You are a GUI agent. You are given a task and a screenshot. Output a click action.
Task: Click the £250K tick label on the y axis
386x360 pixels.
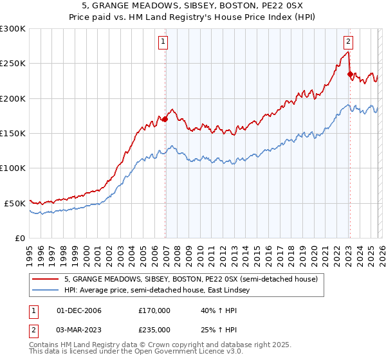point(12,64)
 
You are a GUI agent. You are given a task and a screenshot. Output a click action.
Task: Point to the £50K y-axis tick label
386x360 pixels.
point(15,203)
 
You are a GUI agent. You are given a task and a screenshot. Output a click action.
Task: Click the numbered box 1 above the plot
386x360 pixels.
point(163,42)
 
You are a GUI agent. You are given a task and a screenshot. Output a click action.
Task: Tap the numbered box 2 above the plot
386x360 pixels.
point(348,42)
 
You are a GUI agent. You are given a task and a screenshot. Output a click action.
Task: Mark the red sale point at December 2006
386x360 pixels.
point(165,119)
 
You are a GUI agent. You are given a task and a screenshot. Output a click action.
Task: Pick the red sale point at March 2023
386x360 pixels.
point(350,74)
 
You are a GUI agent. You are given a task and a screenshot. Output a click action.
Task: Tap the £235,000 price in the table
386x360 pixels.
point(154,329)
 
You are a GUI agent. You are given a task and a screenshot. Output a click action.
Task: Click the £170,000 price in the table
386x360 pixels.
point(154,310)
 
